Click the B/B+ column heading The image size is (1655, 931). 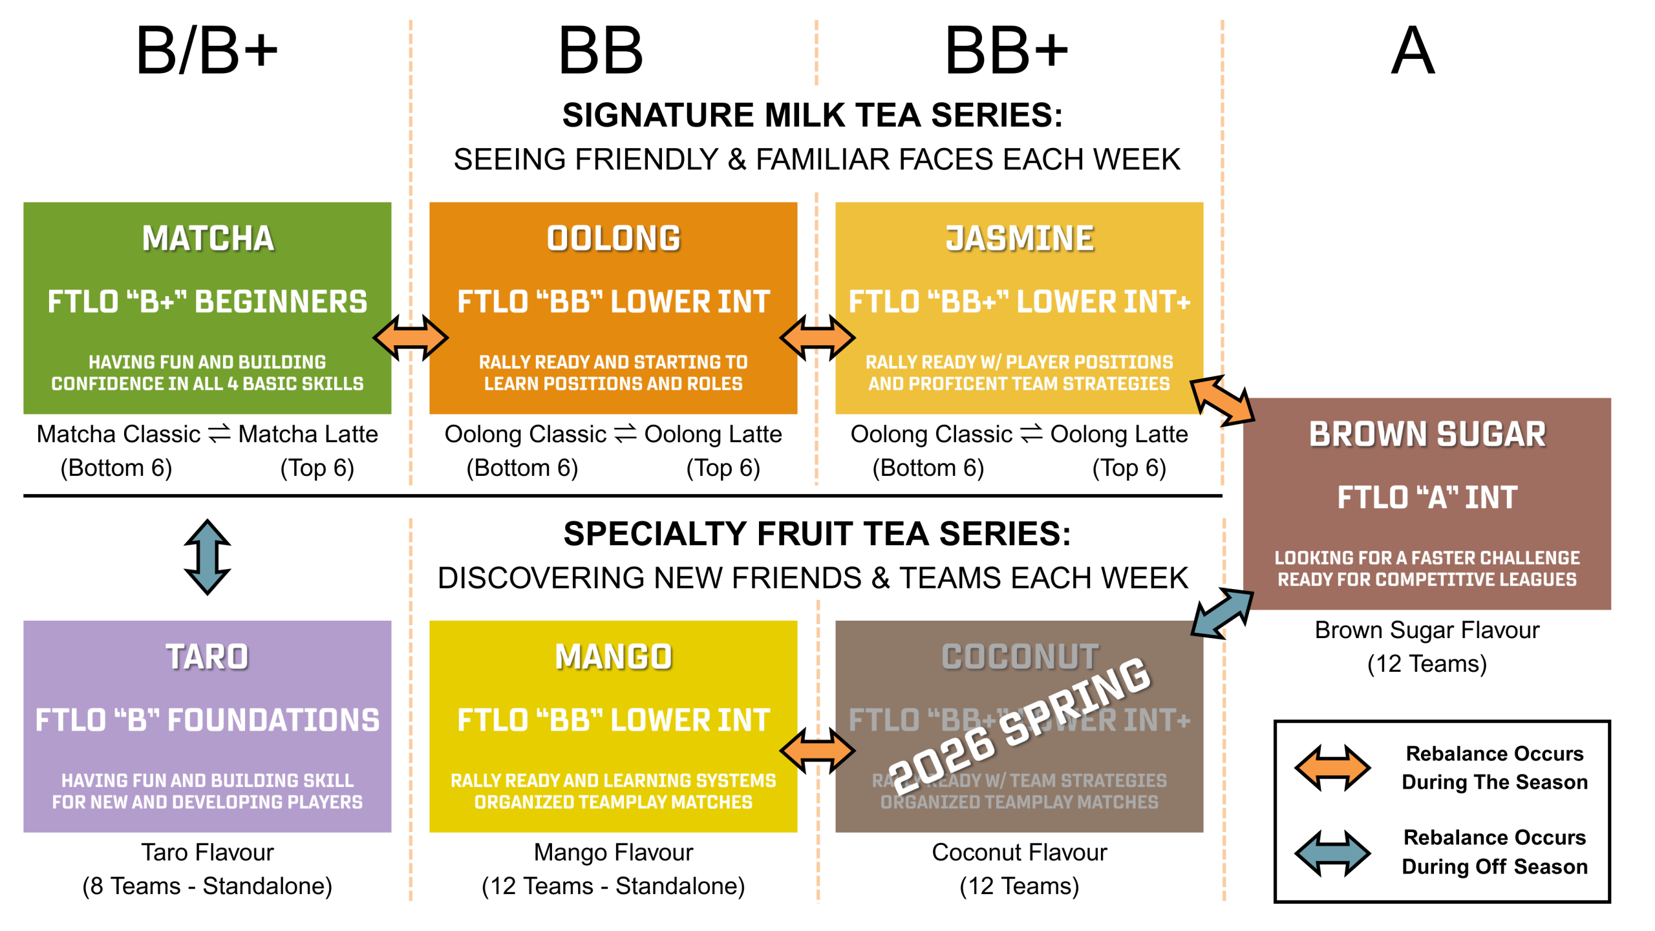(x=207, y=50)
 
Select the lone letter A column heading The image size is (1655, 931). (x=1413, y=50)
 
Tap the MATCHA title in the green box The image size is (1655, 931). (x=208, y=238)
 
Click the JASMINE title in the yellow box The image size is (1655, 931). (x=1020, y=238)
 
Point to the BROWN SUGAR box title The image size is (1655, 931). (x=1427, y=434)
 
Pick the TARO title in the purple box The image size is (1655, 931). (x=208, y=656)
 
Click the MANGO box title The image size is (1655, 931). (x=614, y=656)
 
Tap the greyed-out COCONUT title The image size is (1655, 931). (x=1020, y=656)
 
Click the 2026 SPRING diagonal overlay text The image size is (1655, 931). (x=1020, y=725)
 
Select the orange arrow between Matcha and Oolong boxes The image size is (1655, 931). (x=411, y=337)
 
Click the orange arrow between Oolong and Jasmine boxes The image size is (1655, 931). (x=817, y=337)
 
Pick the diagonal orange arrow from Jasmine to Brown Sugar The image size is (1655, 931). (x=1222, y=401)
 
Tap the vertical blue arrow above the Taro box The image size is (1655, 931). (x=208, y=557)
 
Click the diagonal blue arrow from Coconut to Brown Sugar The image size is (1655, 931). (x=1222, y=613)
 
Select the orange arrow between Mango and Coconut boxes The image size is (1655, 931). (x=817, y=751)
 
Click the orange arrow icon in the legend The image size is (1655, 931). (x=1332, y=767)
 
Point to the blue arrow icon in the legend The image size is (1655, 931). (x=1332, y=853)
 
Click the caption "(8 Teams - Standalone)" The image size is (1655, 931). (x=208, y=886)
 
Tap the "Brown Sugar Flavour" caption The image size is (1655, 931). (x=1427, y=630)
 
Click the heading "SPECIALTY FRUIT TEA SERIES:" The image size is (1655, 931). (x=817, y=534)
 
